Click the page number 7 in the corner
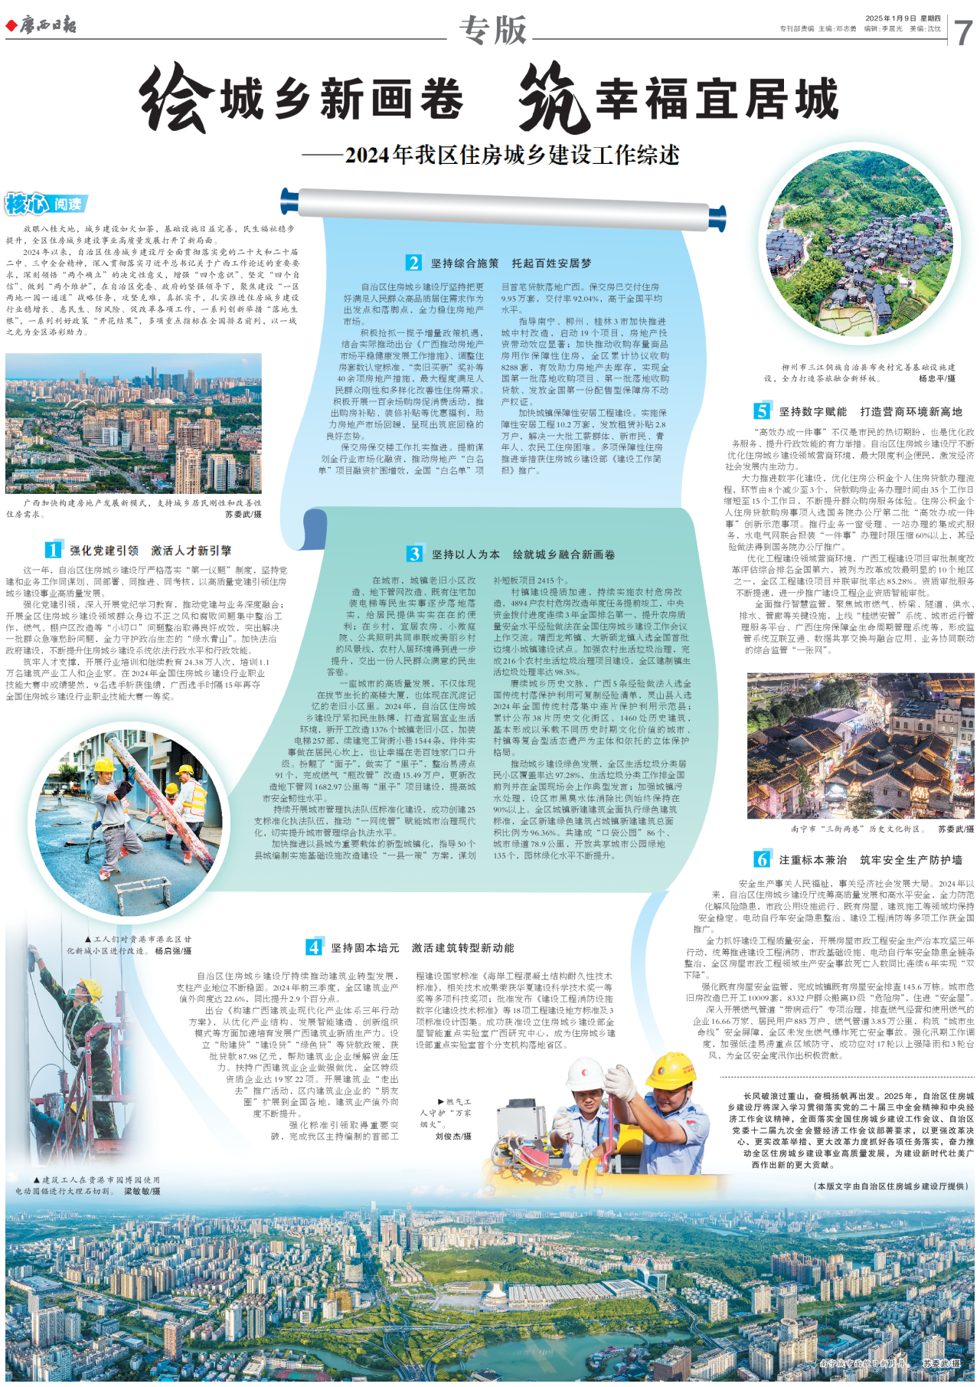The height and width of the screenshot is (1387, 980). tap(962, 31)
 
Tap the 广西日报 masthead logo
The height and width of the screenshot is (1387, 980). tap(42, 25)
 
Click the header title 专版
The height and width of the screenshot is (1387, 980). tap(493, 30)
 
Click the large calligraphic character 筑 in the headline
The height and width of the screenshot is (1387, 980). tap(554, 98)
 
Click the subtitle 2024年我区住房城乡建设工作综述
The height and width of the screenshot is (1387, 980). tap(511, 155)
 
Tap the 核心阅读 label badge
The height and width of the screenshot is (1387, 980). tap(46, 204)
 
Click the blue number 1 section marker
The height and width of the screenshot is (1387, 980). tap(53, 550)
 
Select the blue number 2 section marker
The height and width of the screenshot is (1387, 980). tap(413, 263)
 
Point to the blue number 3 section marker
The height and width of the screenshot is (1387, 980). tap(414, 554)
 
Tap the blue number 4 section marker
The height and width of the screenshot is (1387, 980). tap(314, 947)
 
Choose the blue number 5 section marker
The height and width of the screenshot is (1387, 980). tap(761, 411)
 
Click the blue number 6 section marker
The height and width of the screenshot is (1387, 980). tap(761, 859)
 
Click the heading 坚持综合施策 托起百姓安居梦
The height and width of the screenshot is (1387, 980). tap(511, 263)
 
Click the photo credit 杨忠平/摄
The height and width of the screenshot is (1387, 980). tap(936, 378)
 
